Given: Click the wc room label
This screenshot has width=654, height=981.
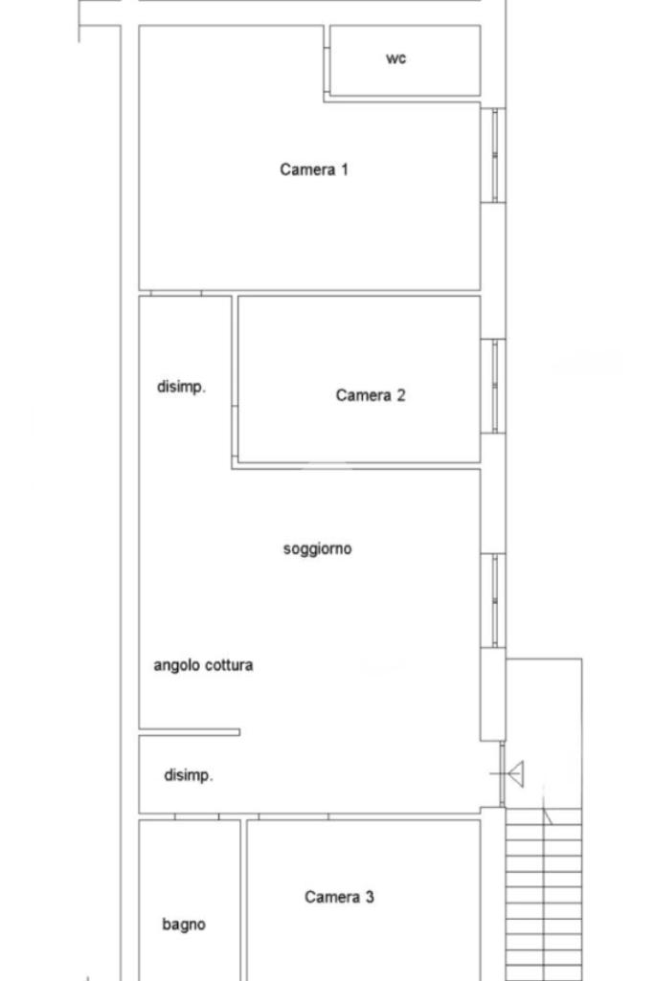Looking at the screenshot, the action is (395, 58).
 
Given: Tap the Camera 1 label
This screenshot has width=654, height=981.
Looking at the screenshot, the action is (313, 169).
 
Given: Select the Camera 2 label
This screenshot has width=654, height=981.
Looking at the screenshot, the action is (371, 395).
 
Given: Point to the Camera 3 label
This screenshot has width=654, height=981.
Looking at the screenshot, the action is (339, 897).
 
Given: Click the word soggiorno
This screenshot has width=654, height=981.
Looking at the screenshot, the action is (317, 549).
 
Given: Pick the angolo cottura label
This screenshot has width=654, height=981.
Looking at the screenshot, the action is (203, 665).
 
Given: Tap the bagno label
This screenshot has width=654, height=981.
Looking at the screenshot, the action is (184, 925).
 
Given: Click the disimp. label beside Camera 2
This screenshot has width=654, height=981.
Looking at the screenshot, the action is (182, 387).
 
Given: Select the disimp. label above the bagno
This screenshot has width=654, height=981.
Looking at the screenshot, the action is (189, 775).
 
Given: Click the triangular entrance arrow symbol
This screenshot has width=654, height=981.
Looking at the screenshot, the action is (515, 774).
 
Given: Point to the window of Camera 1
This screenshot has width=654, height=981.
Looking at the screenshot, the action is (494, 155).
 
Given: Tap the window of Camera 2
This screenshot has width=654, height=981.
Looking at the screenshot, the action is (494, 386).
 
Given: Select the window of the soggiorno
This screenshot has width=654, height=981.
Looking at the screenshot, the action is (494, 601).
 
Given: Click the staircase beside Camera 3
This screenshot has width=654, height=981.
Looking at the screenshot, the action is (544, 895).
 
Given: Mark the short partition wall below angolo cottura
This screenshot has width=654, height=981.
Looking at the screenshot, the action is (189, 732).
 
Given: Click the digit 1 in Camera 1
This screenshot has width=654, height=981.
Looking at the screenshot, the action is (344, 169).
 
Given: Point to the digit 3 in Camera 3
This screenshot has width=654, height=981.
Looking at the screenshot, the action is (370, 897).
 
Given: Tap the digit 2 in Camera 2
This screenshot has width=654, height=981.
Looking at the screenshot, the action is (400, 395).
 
